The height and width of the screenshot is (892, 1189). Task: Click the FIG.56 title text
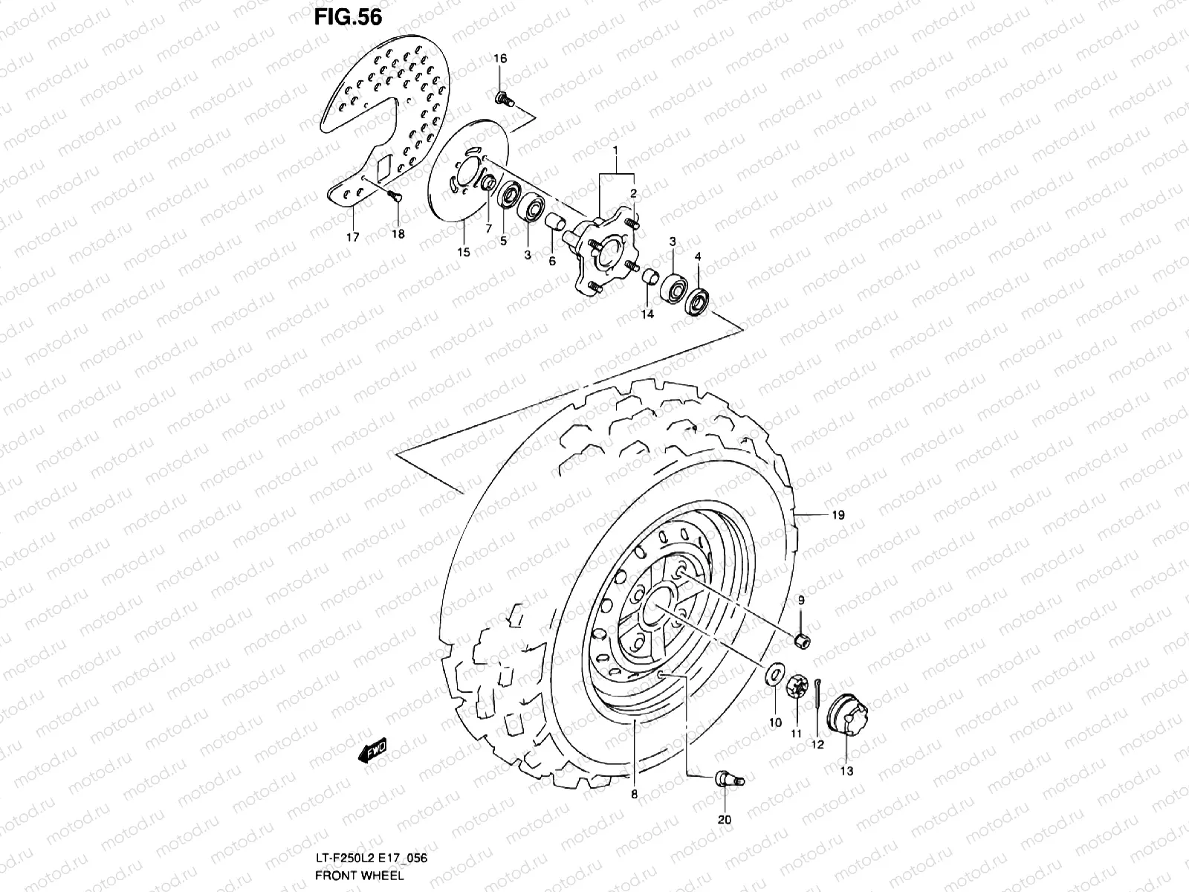348,16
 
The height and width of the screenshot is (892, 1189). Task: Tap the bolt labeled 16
504,97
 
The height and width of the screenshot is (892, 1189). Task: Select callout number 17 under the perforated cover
352,237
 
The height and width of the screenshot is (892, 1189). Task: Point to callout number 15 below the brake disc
464,252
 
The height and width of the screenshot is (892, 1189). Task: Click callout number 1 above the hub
615,150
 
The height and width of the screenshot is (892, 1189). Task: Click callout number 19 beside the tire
838,515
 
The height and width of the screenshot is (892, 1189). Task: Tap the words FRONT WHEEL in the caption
360,876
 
